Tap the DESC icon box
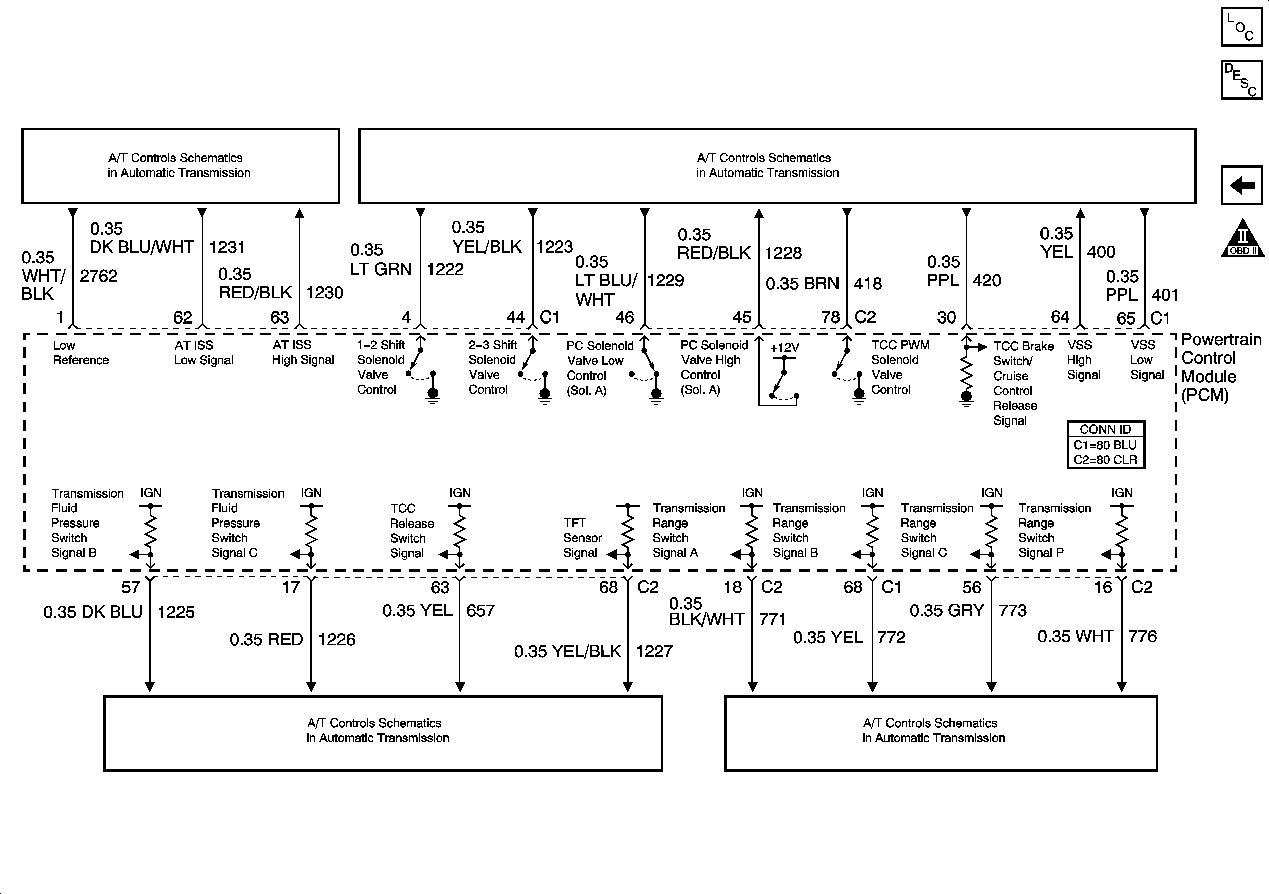coord(1241,80)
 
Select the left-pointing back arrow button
coord(1241,185)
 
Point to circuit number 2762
coord(98,276)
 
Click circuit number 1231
coord(226,247)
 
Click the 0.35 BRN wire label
coord(802,284)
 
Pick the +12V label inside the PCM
coord(784,348)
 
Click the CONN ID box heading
coord(1105,429)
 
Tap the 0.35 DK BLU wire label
coord(93,612)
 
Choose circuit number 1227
coord(654,651)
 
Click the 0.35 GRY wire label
coord(947,610)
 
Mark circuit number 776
coord(1143,636)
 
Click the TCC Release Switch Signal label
coord(411,531)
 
